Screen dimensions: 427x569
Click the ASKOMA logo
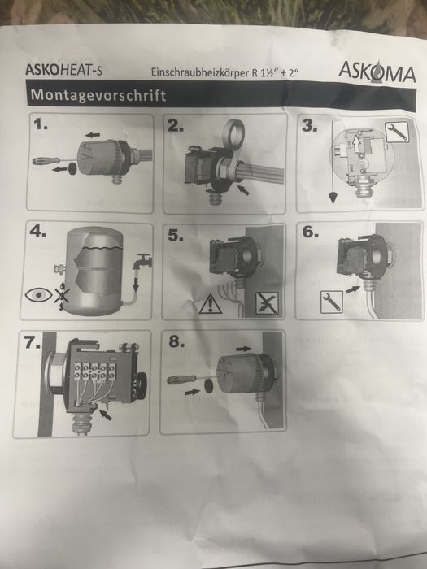click(377, 72)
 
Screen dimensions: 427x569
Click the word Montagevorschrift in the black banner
click(98, 95)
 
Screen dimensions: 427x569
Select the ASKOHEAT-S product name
click(64, 70)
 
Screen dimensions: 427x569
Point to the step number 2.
click(176, 126)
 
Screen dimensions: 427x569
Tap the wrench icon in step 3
click(397, 132)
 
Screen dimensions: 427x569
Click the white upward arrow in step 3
click(358, 142)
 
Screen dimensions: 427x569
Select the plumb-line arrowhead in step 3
click(332, 198)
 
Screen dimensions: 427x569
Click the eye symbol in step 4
click(39, 294)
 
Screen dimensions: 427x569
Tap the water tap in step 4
click(142, 261)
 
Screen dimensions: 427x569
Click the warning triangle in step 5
click(210, 304)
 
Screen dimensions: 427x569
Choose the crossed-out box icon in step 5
click(267, 303)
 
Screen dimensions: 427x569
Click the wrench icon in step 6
click(332, 302)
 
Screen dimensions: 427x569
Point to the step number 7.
click(33, 342)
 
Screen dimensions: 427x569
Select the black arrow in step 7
click(105, 415)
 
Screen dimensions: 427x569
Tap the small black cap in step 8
click(209, 386)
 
